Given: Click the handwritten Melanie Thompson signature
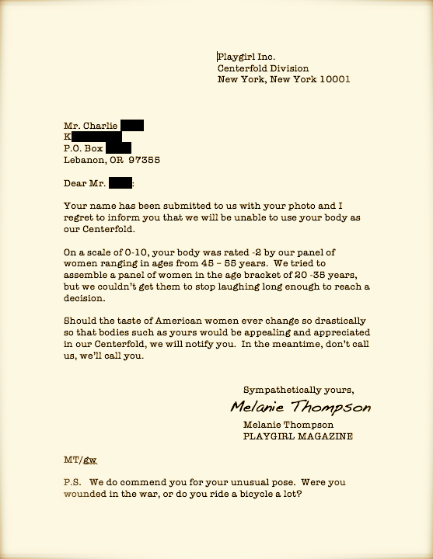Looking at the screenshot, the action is click(300, 408).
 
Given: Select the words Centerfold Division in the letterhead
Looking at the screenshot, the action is click(263, 68).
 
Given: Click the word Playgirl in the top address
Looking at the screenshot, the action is click(236, 57).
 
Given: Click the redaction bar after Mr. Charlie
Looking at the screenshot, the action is click(131, 125).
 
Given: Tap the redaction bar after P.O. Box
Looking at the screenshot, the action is click(117, 148).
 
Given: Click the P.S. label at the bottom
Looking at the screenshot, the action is click(72, 481).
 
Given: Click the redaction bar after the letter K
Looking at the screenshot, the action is click(97, 137).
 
